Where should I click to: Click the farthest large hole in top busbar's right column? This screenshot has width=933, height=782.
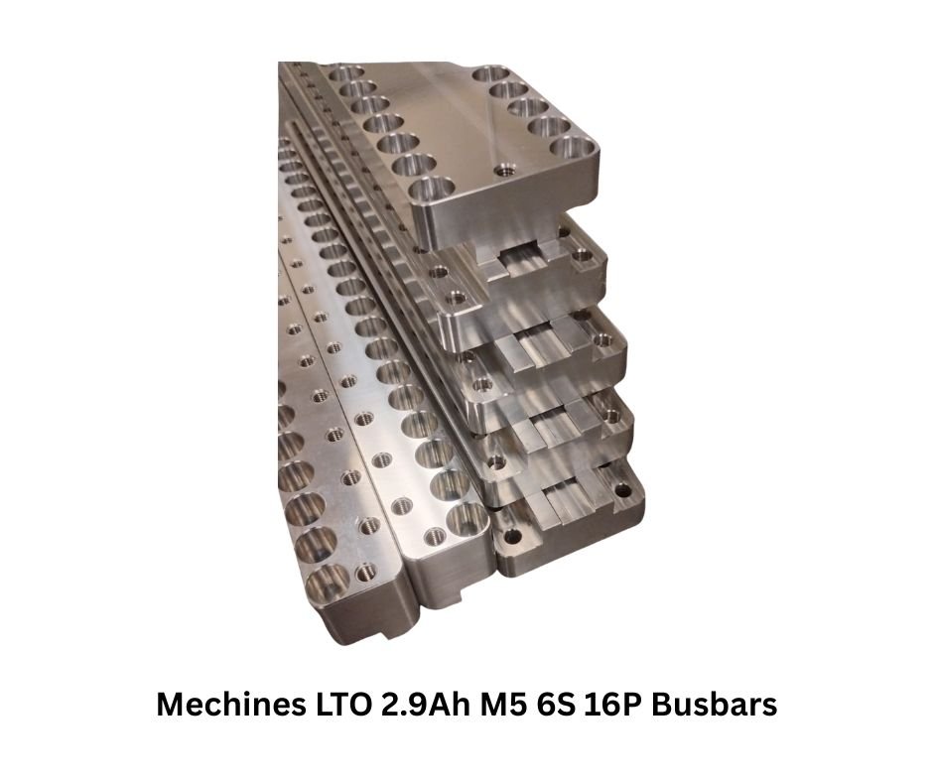tap(491, 75)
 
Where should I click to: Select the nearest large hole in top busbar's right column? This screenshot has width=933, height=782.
tap(574, 147)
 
